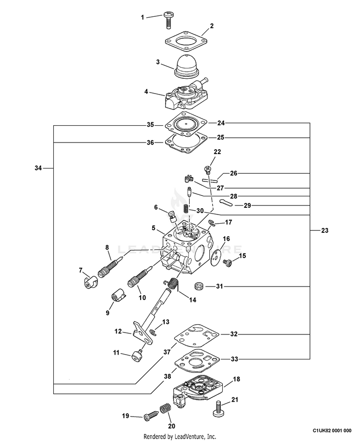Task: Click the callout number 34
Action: [x=39, y=168]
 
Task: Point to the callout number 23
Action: [x=325, y=230]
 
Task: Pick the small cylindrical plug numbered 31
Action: [x=200, y=286]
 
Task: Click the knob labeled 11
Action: [x=137, y=356]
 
